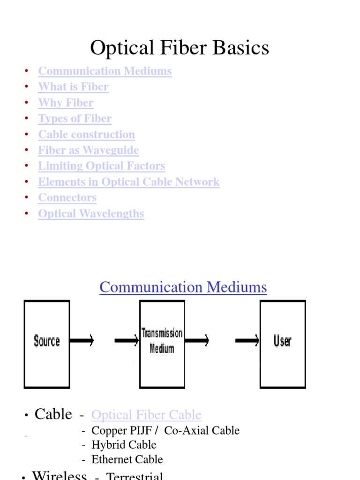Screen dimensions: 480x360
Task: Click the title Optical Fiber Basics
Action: [x=180, y=48]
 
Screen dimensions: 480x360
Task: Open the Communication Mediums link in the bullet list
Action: [x=105, y=71]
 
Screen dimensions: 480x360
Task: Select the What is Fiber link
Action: [x=73, y=87]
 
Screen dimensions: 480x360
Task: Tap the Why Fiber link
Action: [x=66, y=103]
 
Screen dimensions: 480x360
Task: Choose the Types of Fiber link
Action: [x=75, y=119]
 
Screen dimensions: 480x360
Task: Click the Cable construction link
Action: [x=86, y=135]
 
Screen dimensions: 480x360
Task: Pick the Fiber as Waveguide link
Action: [x=89, y=150]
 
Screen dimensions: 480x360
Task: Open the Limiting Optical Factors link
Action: [x=102, y=166]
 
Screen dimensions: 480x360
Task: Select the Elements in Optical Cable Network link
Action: [x=129, y=182]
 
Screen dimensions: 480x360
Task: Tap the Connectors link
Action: [x=67, y=198]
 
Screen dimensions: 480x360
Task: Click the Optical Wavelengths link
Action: [x=91, y=214]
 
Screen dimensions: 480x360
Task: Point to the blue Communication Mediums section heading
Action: [x=183, y=287]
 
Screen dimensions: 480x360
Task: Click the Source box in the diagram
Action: [x=47, y=344]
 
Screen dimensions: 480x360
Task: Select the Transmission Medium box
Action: [x=162, y=344]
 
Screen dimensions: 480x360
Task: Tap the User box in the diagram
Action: [x=283, y=344]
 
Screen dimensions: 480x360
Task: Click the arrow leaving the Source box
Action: [x=82, y=341]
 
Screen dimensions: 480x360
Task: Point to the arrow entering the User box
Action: [x=247, y=341]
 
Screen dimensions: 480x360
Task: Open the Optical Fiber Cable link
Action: [x=146, y=415]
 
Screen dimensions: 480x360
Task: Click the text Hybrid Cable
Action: [x=124, y=445]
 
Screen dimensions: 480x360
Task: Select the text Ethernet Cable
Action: [x=127, y=459]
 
